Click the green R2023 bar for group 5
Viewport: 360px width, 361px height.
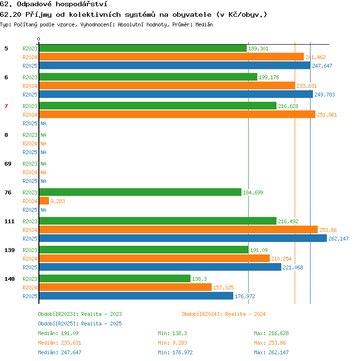coord(143,48)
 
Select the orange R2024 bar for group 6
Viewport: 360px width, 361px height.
coord(167,85)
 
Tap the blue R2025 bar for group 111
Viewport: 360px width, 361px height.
coord(183,238)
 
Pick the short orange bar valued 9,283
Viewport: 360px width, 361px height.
coord(44,201)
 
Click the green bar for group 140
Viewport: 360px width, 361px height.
coord(115,278)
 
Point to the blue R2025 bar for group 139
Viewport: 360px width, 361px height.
coord(160,267)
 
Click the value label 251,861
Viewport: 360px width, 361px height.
coord(327,115)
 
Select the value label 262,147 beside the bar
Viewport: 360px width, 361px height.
coord(338,239)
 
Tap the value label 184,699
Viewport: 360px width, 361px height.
coord(253,193)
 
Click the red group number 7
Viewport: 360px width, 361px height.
coord(6,106)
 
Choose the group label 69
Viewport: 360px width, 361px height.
coord(8,164)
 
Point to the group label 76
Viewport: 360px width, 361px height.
coord(8,193)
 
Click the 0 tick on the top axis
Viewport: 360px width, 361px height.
coord(39,39)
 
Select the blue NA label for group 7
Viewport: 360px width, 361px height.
coord(43,123)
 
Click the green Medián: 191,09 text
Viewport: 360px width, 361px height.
coord(58,333)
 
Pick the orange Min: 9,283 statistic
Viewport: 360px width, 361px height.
coord(172,343)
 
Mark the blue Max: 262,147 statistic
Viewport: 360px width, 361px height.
coord(271,352)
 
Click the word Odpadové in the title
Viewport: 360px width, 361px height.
coord(34,4)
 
